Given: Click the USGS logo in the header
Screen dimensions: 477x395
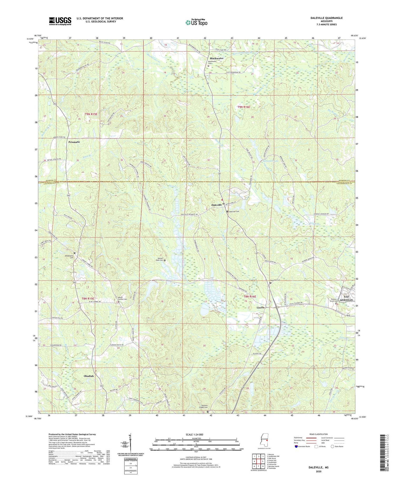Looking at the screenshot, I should click(60, 21).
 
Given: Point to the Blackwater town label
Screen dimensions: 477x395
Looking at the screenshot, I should click(216, 58).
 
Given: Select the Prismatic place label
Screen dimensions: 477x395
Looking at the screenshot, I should click(74, 142).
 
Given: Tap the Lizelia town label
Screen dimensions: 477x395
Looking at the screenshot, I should click(260, 307).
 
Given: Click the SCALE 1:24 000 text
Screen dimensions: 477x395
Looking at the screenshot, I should click(196, 434).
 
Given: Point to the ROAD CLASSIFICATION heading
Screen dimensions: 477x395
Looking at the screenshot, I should click(319, 434).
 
